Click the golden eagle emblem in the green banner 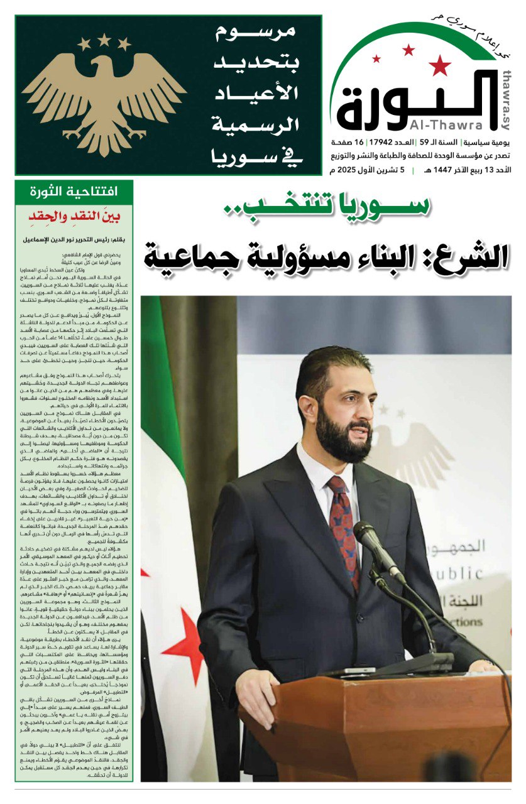(x=104, y=94)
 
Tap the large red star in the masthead (x=441, y=64)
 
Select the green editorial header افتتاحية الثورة (x=75, y=192)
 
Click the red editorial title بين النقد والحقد (x=75, y=217)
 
